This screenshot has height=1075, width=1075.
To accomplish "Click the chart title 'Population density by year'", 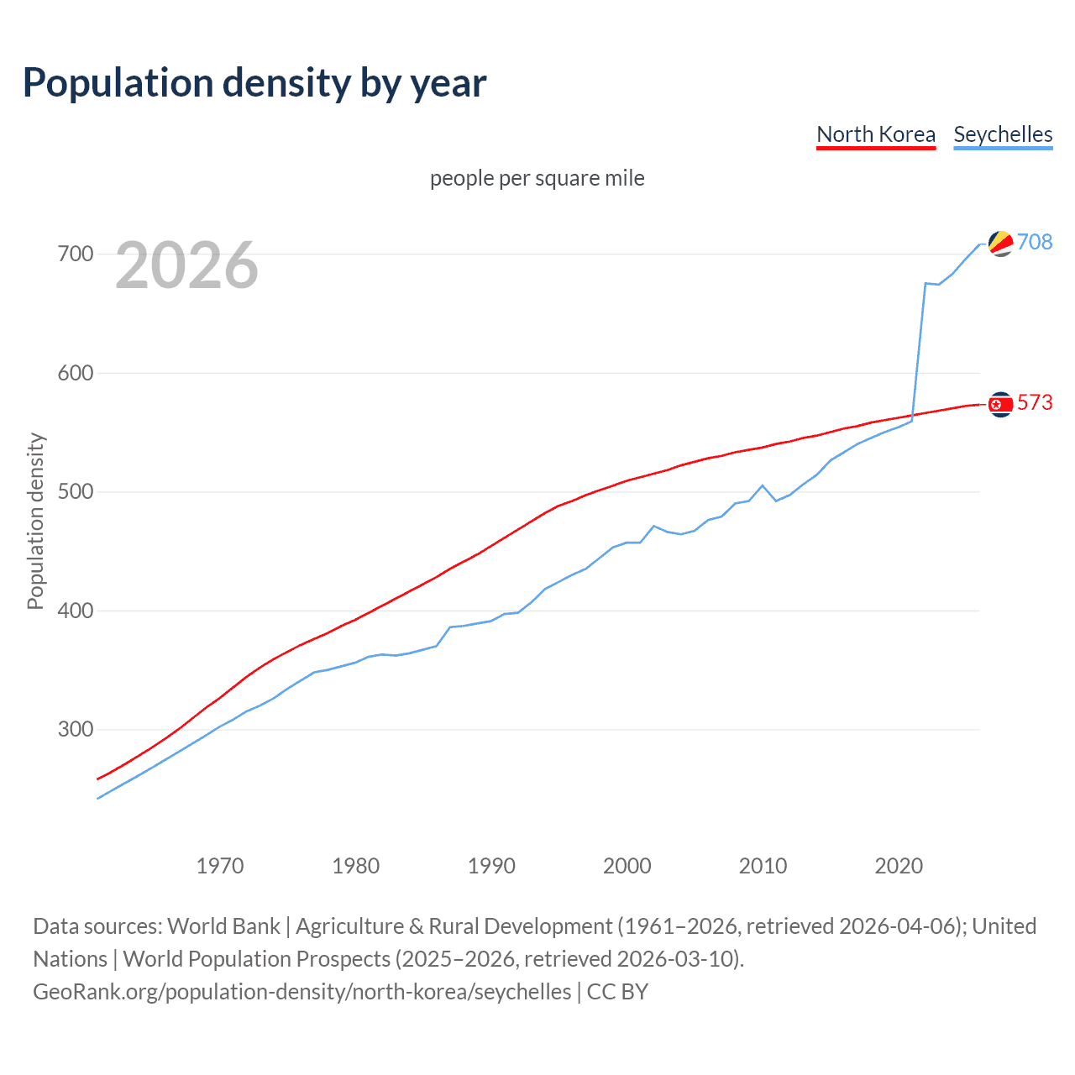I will (x=254, y=83).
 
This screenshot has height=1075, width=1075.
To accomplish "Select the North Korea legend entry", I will (x=876, y=134).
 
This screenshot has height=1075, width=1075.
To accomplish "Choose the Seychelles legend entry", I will (x=1003, y=134).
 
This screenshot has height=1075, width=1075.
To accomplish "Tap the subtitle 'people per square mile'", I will (x=537, y=178).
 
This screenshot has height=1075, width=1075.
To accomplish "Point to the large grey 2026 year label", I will (x=186, y=265).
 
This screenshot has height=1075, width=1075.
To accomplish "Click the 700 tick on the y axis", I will (x=75, y=254).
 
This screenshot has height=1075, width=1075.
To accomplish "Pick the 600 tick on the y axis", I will (x=75, y=373).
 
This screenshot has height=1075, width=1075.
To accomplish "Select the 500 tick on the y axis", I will (x=75, y=491).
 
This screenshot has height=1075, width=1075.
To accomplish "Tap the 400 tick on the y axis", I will (x=75, y=611).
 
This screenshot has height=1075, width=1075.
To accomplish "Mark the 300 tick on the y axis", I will (x=75, y=729).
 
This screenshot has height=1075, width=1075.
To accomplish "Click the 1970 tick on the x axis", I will (x=220, y=866).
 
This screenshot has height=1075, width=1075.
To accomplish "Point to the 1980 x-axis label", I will (x=356, y=866).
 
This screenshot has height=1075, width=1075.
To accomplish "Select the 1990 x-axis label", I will (x=491, y=866).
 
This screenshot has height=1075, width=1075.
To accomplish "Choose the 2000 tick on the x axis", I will (x=627, y=866).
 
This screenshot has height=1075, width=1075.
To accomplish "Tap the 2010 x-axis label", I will (x=763, y=866).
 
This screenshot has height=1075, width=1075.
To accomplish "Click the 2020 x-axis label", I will (x=899, y=866).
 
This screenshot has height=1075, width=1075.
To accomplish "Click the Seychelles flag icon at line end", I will (x=1000, y=244).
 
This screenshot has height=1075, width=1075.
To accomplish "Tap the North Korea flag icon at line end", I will (x=1000, y=405).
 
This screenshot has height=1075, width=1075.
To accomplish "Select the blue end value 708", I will (x=1035, y=242).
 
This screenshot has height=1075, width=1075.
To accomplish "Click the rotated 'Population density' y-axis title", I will (x=35, y=521).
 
